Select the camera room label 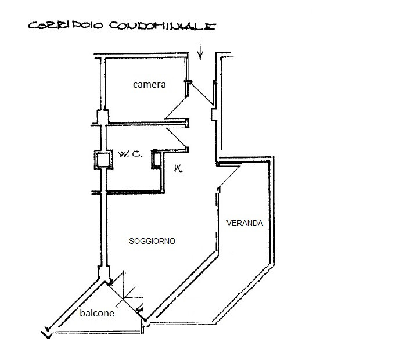point(149,84)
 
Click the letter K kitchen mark point(178,170)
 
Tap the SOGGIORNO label point(153,240)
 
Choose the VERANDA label point(244,223)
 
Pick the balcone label point(97,313)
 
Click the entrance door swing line point(200,93)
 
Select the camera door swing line point(176,109)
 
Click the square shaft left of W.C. point(102,160)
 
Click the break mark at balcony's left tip point(46,333)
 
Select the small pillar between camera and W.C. point(102,117)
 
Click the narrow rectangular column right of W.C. point(156,160)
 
